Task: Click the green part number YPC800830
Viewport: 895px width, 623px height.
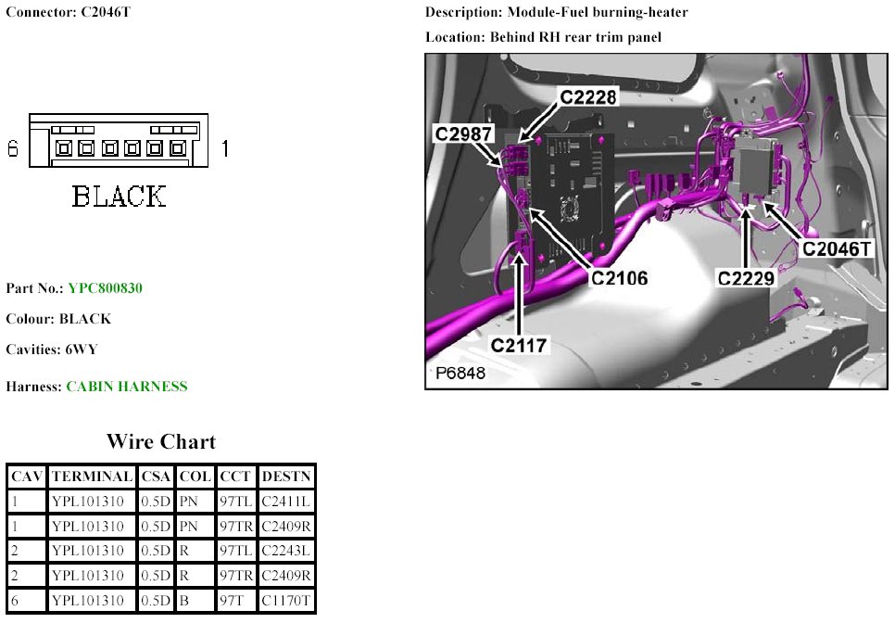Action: click(x=105, y=288)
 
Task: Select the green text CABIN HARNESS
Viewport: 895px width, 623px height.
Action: click(x=127, y=387)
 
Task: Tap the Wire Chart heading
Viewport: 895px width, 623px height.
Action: click(x=161, y=441)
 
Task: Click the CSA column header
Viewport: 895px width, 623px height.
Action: click(x=155, y=477)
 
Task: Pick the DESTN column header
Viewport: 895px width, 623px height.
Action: click(x=286, y=477)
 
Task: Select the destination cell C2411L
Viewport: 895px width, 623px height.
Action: click(x=286, y=502)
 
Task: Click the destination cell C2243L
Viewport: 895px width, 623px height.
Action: click(x=286, y=552)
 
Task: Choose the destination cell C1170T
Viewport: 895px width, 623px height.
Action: click(x=286, y=602)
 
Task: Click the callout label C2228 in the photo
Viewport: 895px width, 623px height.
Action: click(x=588, y=96)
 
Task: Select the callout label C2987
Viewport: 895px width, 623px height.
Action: click(x=464, y=134)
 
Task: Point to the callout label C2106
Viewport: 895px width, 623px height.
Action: click(x=620, y=276)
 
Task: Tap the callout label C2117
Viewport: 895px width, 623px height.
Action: click(x=520, y=345)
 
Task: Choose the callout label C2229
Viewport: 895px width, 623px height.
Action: click(x=746, y=276)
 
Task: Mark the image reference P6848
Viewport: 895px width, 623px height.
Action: click(x=460, y=375)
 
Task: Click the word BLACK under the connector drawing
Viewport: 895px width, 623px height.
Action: click(x=120, y=197)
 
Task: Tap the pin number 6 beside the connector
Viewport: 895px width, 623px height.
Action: click(x=13, y=148)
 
